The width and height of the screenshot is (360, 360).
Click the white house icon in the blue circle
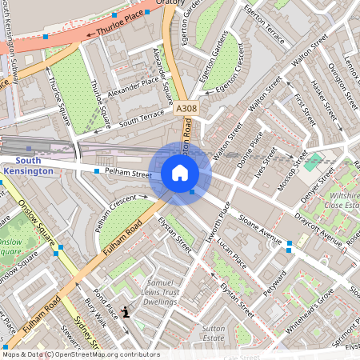[180, 173]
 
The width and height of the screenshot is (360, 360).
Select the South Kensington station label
[28, 166]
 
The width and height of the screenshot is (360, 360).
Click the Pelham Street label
[129, 173]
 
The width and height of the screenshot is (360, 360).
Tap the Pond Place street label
[105, 305]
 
